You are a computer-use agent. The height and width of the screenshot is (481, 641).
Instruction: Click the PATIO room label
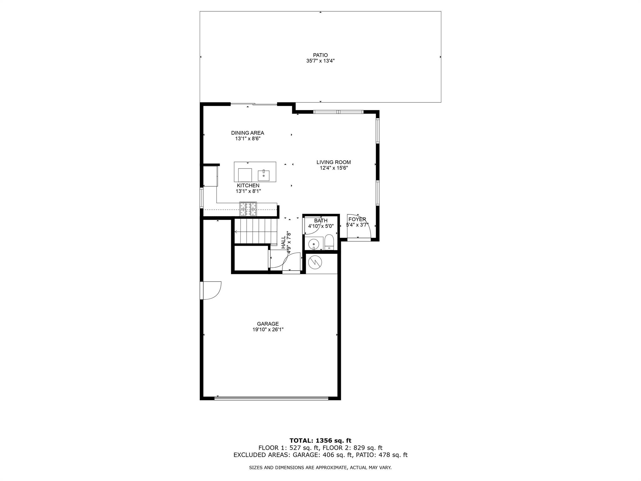point(320,55)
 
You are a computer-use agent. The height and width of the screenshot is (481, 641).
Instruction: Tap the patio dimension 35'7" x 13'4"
point(320,61)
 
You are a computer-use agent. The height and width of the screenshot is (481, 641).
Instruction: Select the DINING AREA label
point(248,133)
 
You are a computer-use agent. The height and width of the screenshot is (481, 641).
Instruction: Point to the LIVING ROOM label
point(334,162)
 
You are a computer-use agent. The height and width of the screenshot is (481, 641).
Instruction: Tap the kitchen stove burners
point(248,209)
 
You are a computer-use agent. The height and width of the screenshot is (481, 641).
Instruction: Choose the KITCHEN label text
point(248,185)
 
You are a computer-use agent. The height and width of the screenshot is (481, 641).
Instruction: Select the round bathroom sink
point(313,244)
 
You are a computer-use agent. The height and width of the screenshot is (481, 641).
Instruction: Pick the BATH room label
point(321,221)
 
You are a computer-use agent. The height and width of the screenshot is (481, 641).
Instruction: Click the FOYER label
point(357,220)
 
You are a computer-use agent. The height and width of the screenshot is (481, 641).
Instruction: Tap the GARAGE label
point(268,324)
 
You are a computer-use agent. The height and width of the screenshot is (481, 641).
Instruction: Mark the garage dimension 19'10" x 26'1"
point(268,329)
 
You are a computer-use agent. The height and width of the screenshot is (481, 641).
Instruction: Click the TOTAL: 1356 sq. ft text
point(320,441)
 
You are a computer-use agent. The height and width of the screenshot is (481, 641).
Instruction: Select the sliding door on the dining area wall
point(254,104)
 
